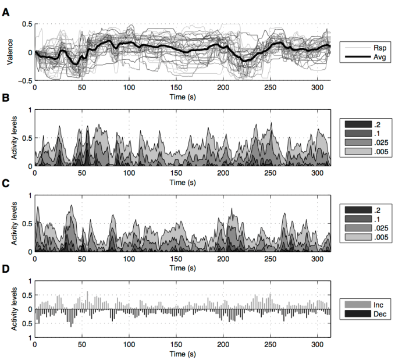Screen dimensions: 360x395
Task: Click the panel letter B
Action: tap(5, 99)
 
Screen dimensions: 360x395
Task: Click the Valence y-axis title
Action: tap(8, 53)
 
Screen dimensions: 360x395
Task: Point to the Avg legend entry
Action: tap(377, 58)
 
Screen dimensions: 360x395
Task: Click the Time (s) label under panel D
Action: tap(182, 354)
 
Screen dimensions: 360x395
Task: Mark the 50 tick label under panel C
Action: tap(82, 259)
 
